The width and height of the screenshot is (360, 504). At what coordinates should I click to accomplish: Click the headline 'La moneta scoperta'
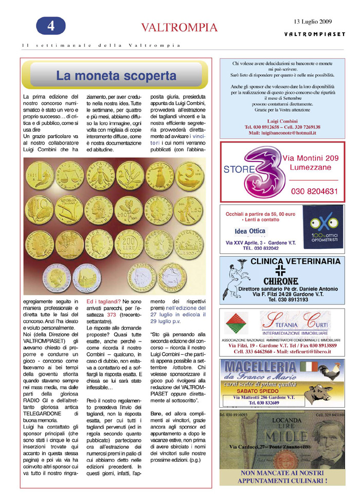[x=116, y=76]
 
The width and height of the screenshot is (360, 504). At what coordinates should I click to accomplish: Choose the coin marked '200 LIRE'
[x=133, y=239]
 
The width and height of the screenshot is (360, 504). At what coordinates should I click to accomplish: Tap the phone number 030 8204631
[x=314, y=191]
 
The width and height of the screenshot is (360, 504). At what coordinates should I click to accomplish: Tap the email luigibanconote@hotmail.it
[x=282, y=133]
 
